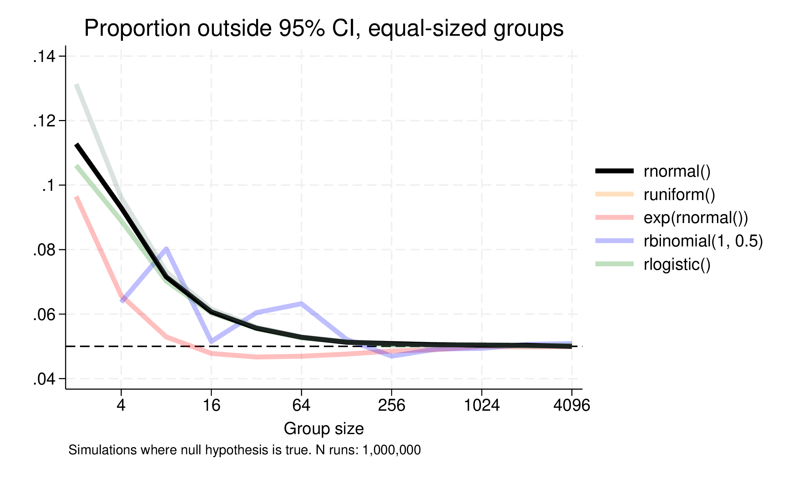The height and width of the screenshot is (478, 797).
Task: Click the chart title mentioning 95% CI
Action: pos(323,28)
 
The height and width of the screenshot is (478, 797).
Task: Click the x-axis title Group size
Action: pos(323,429)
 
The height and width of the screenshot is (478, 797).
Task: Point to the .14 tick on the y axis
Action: pos(44,57)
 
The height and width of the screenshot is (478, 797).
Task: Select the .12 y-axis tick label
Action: pos(44,121)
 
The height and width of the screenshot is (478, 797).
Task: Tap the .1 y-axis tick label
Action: pos(49,186)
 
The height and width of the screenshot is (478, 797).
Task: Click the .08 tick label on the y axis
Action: pos(44,250)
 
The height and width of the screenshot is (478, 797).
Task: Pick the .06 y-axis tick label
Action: pos(44,314)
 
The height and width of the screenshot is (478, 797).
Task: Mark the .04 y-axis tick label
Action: pos(44,379)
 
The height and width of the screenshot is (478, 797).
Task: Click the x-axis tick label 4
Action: pos(121,405)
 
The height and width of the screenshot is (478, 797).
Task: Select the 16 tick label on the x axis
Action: pos(211,405)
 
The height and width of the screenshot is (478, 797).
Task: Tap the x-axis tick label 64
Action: pos(301,405)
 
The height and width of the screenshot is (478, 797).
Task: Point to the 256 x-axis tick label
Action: pos(391,405)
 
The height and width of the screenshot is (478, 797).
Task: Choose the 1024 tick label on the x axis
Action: pos(482,405)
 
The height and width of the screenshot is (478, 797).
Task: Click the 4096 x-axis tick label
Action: pos(571,405)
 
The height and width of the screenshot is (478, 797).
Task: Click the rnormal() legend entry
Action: pos(677,171)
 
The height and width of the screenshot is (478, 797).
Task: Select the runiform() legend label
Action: pos(679,195)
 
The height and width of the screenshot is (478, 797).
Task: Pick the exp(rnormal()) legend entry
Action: pos(696,218)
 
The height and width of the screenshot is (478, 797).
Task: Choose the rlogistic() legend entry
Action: pos(677,264)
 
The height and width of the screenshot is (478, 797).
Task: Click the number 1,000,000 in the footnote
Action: pos(391,450)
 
